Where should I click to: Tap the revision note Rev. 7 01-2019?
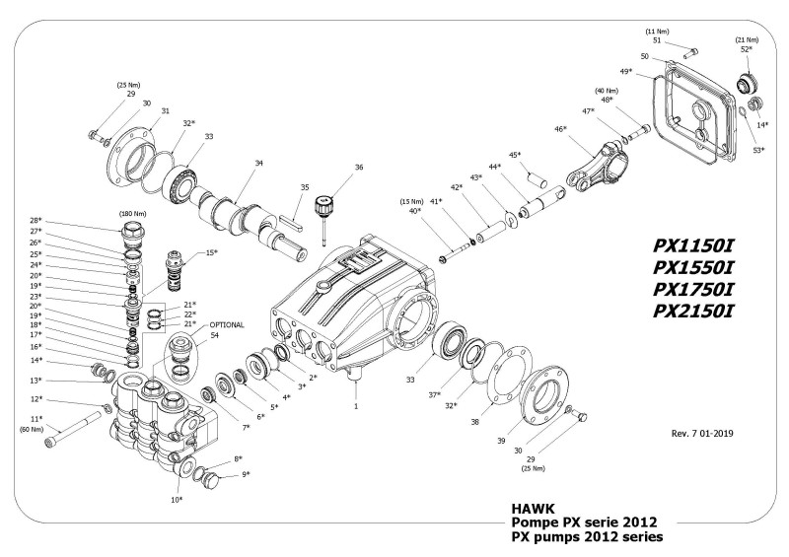[x=701, y=433]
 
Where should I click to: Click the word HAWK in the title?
[x=534, y=509]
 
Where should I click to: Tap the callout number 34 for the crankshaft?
[x=258, y=164]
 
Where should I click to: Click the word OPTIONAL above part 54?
[x=226, y=324]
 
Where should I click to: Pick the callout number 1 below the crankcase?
[x=355, y=405]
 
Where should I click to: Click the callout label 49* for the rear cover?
[x=626, y=72]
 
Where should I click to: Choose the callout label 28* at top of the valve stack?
[x=36, y=220]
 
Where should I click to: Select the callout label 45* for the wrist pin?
[x=514, y=155]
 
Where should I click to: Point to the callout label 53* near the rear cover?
[x=757, y=150]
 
